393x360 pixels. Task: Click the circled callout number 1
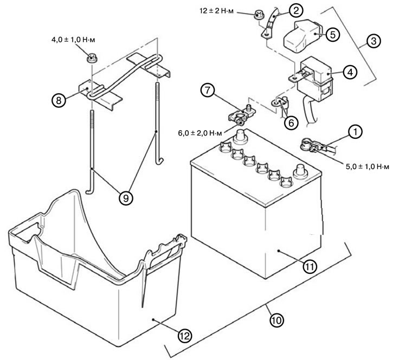pos(355,132)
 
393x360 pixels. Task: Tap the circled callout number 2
pos(296,10)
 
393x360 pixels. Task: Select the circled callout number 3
pos(373,41)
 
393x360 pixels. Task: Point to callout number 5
pos(333,34)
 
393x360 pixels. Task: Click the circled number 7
pos(208,90)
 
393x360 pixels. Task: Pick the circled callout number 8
pos(59,100)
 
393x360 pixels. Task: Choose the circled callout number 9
pos(126,198)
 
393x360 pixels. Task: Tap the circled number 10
pos(276,320)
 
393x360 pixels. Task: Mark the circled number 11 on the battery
pos(310,267)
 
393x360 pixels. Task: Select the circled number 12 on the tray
pos(185,336)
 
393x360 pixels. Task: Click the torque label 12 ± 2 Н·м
pos(217,11)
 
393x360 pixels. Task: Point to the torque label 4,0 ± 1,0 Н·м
pos(73,40)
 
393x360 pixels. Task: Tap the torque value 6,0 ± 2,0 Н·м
pos(200,133)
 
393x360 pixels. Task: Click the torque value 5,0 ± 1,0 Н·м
pos(368,166)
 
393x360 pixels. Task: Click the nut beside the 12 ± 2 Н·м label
pos(257,15)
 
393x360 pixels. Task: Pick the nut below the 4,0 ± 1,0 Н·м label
pos(92,59)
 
